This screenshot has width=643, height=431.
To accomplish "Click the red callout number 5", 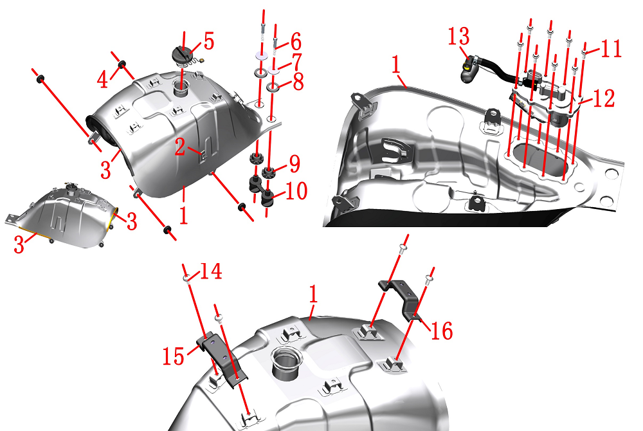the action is point(209,41).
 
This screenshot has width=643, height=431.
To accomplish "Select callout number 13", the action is point(458,37).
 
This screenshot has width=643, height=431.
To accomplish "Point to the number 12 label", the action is point(604,99).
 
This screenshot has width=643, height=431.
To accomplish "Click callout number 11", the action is point(611,48).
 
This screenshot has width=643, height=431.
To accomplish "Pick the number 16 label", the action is point(442,331).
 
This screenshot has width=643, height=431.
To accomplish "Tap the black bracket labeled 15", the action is point(221,359).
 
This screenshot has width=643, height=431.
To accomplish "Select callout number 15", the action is point(174,356).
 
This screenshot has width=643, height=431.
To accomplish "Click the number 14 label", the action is point(211,271).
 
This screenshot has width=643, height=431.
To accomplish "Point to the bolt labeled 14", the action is point(186,279).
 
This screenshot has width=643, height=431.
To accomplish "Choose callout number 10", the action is point(296,191).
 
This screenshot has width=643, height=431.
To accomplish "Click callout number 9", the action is point(294,163).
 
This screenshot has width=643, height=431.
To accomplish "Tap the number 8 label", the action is point(298,82).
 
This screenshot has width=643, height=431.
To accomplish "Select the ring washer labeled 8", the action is point(273,87).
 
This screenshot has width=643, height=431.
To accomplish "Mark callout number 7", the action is point(296,61).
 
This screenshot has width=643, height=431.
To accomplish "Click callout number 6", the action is point(296,41).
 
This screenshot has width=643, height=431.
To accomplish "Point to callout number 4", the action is point(102,80).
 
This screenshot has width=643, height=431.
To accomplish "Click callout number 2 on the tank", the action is point(179,147).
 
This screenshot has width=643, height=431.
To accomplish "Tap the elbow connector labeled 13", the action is point(469,69).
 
